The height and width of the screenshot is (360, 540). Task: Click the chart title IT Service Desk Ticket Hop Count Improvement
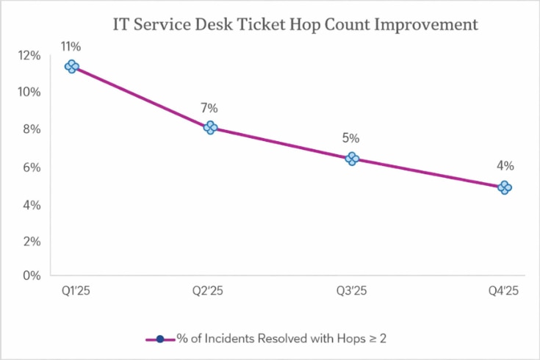pos(295,24)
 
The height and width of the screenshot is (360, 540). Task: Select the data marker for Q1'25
pos(71,67)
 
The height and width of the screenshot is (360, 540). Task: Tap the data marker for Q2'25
pos(211,128)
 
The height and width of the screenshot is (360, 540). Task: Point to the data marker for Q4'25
pos(505,187)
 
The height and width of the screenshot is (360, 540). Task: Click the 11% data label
pos(71,47)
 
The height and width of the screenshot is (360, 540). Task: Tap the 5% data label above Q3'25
pos(350,138)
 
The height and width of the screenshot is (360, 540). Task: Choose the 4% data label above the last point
pos(505,166)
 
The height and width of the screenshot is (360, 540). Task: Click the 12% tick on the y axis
pos(30,55)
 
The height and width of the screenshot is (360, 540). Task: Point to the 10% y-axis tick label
pos(30,92)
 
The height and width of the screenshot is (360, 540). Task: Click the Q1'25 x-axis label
pos(74,292)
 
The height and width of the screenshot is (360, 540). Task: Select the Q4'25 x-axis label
pos(503,292)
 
